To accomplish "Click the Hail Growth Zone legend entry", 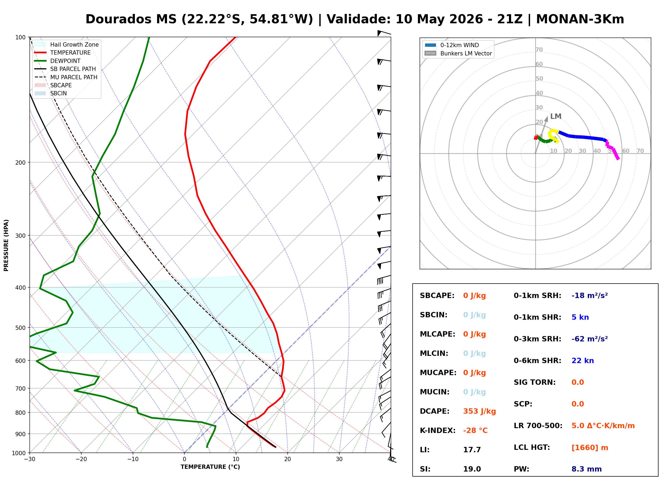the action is pos(67,44).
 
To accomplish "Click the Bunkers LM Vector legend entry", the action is pos(458,53).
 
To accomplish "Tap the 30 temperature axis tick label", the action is pos(339,459).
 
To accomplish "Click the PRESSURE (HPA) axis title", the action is pos(6,245).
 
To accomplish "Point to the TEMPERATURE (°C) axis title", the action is pos(210,467).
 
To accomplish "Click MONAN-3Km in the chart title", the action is pos(580,19).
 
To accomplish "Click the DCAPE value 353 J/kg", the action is pos(480,411).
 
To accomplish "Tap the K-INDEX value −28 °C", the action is pos(475,431).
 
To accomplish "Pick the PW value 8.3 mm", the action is pos(587,469).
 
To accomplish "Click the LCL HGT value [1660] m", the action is pos(590,448).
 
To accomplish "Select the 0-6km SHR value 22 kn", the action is pos(583,361).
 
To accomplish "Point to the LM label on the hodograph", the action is pos(556,116).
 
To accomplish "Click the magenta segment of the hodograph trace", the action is pos(613,151).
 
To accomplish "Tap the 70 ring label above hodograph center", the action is pos(539,50).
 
